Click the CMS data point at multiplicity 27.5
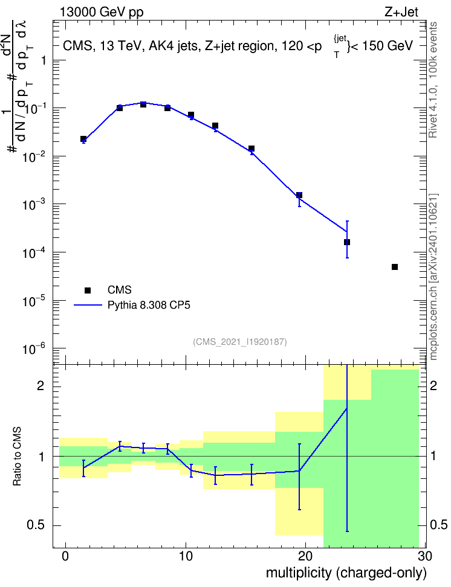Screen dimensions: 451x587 coord(394,267)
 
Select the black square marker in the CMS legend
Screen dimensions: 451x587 coord(88,290)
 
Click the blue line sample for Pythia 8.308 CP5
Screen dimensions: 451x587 coord(88,305)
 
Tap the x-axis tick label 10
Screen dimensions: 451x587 coord(186,556)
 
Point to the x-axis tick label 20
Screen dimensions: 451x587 coord(305,556)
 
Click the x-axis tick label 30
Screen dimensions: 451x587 coord(425,556)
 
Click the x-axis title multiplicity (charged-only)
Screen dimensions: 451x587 coord(346,573)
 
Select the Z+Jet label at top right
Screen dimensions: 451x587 coord(401,12)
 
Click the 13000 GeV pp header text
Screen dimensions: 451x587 coord(102,13)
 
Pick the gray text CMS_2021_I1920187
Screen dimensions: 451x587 coord(240,342)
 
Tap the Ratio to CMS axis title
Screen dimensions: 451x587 coord(17,457)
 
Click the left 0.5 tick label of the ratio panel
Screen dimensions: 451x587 coord(36,525)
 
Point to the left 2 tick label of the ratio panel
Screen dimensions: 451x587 coord(41,385)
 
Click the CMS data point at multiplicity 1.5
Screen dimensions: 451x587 coord(83,139)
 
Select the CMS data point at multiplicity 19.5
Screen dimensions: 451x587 coord(299,195)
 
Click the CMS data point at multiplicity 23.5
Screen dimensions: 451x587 coord(347,242)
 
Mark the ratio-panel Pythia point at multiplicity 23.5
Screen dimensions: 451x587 coord(347,408)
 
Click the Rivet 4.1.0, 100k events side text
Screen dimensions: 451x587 coord(433,80)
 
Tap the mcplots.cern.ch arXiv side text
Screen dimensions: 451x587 coord(433,277)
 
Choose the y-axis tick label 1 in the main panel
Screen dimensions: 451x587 coord(43,60)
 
